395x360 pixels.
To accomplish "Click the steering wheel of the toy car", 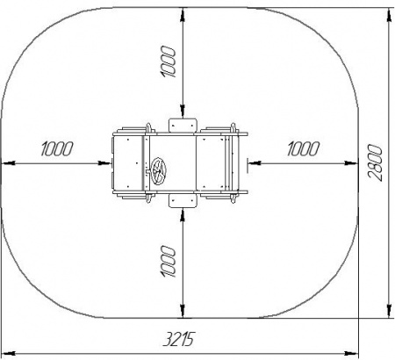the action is coord(158,171).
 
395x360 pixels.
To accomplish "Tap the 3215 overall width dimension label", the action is coord(178,339).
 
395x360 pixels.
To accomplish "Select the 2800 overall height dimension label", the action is coord(375,162).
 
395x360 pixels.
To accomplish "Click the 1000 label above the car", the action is coord(169,61).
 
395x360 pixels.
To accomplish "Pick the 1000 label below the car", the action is coord(169,262).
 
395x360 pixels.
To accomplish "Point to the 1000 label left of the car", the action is coord(56,148).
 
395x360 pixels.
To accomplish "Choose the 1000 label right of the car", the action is coord(303,148).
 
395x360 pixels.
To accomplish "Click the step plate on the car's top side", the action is coord(182,126).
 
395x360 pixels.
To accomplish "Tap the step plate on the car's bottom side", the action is coord(182,201).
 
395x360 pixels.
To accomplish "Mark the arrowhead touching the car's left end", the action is coord(105,163).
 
